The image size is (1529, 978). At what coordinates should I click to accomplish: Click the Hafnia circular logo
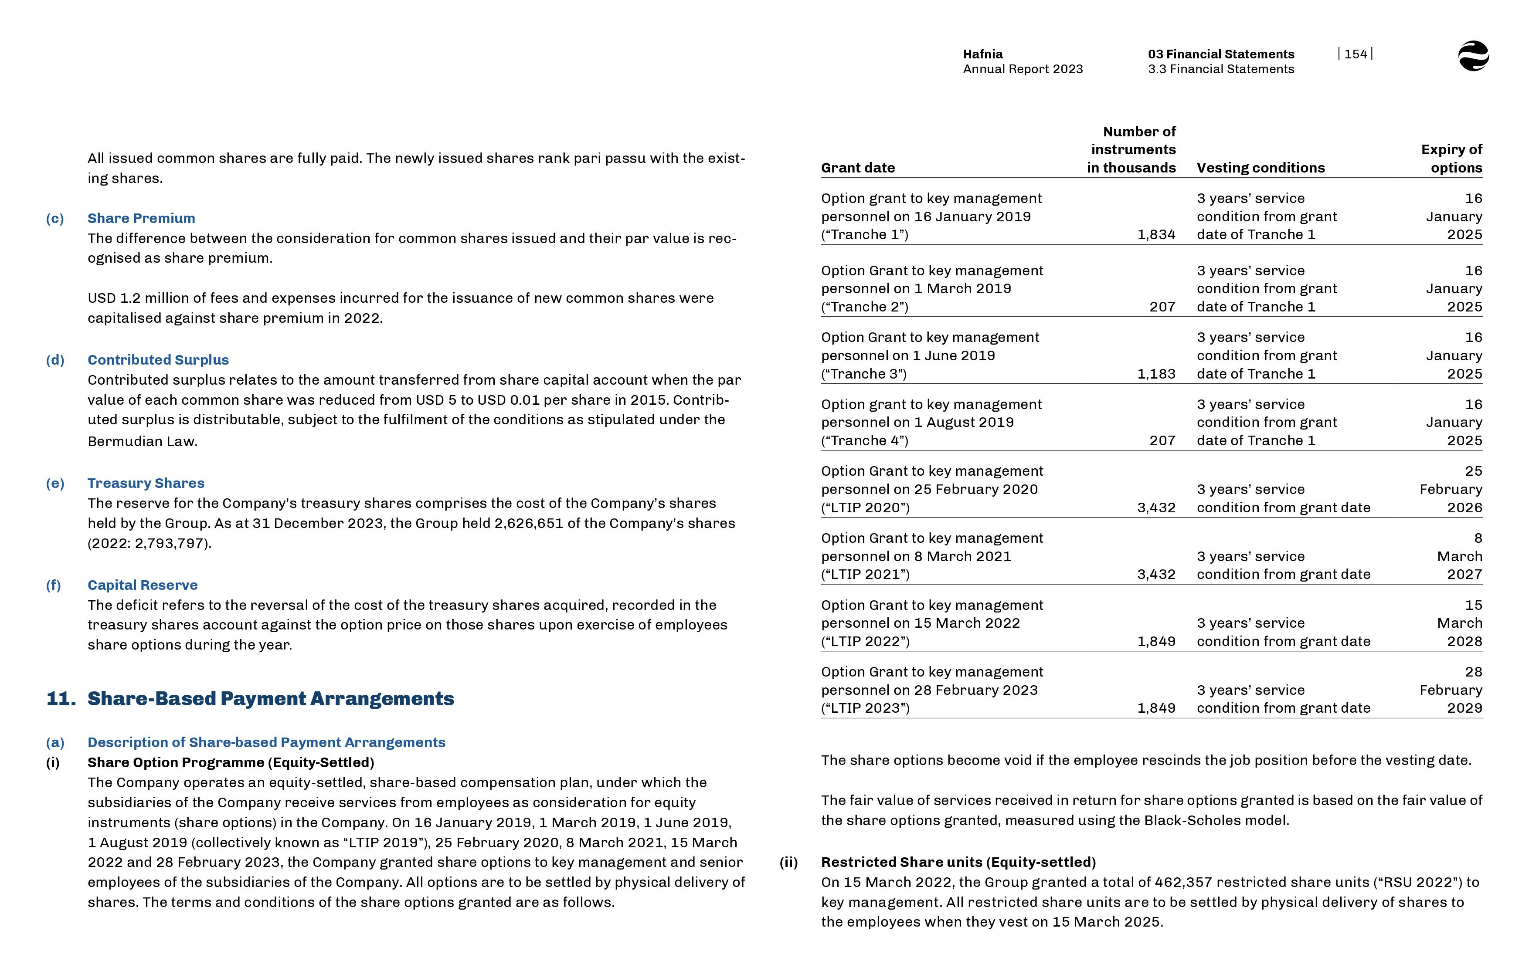1473,56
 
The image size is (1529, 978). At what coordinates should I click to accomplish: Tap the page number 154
1355,54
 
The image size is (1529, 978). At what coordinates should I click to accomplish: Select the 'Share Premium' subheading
141,218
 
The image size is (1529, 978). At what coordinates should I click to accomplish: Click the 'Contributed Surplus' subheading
158,360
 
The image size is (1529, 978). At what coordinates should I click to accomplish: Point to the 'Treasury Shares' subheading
146,483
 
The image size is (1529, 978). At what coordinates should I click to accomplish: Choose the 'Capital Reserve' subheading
142,585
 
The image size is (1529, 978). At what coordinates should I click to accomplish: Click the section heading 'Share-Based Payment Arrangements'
271,699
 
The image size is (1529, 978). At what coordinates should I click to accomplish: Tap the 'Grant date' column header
858,168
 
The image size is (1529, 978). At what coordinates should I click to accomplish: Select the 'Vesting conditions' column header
1261,168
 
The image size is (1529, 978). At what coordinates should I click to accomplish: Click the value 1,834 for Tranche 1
1156,235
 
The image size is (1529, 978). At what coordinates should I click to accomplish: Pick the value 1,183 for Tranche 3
1156,374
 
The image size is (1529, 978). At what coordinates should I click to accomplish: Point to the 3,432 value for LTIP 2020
1156,508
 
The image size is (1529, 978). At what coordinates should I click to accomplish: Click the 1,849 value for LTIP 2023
1156,708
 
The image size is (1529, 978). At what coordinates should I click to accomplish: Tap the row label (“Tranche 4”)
865,441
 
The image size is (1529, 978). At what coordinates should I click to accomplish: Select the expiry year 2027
1464,575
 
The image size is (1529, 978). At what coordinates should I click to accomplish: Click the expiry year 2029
1464,708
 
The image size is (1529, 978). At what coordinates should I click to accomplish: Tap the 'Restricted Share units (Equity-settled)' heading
958,863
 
